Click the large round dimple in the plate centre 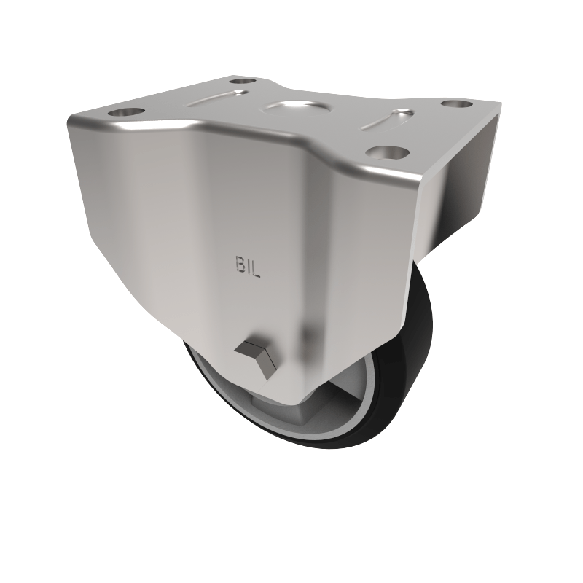tap(292, 109)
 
